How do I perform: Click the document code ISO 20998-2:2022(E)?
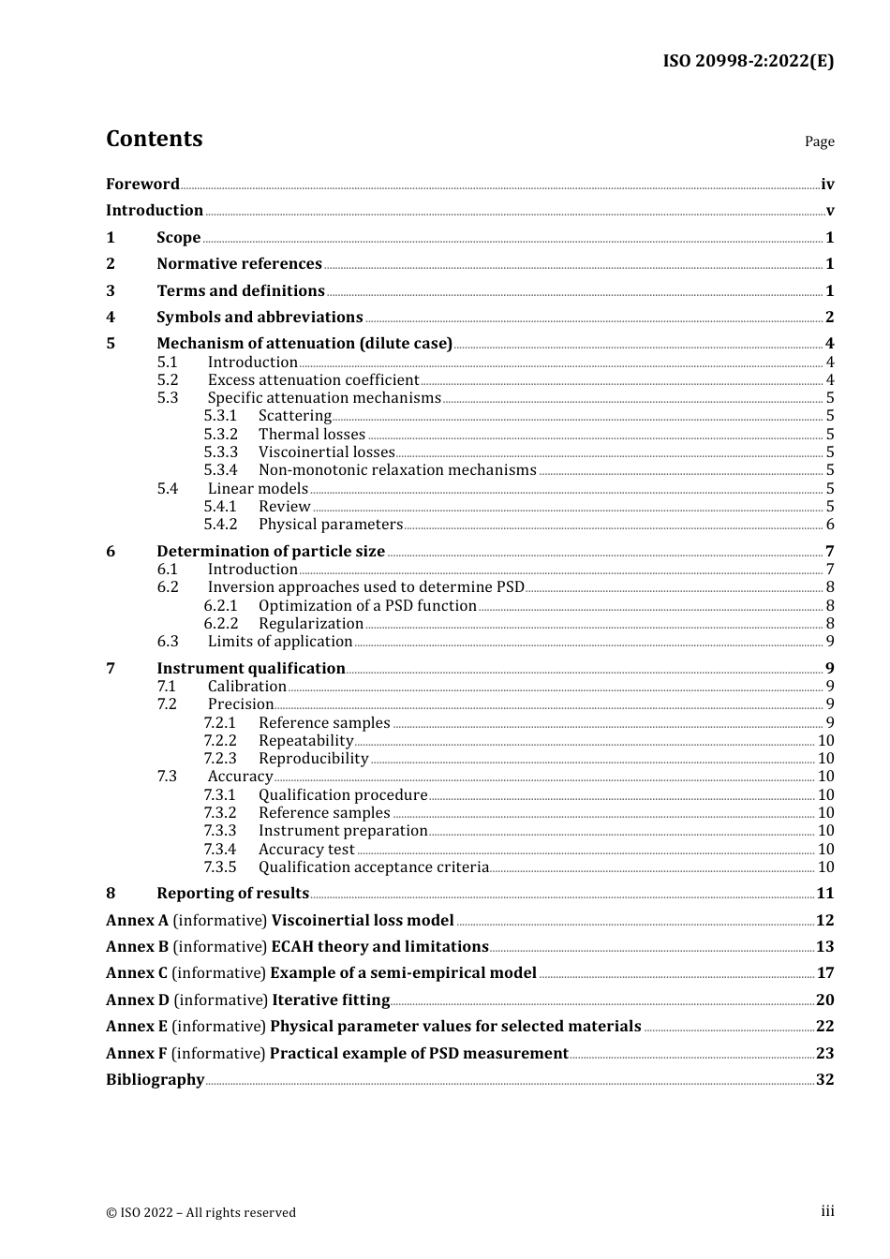[748, 61]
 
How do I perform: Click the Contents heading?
[154, 139]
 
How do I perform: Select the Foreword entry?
[142, 185]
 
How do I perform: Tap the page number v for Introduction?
[829, 211]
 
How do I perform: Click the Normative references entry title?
[239, 264]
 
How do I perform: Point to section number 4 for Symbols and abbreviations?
[111, 318]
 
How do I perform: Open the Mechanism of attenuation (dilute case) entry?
[304, 344]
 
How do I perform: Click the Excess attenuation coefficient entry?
[313, 380]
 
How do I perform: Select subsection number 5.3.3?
[220, 452]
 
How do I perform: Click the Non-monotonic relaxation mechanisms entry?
[397, 470]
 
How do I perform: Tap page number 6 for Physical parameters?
[829, 525]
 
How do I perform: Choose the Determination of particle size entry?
[271, 552]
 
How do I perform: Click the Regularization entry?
[311, 624]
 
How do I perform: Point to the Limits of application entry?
[280, 642]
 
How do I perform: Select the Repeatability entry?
[305, 741]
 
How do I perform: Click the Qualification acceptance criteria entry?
[374, 867]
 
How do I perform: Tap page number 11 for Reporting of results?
[824, 894]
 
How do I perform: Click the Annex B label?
[137, 947]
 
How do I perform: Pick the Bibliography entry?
[155, 1080]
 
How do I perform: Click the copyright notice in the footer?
[200, 1212]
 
